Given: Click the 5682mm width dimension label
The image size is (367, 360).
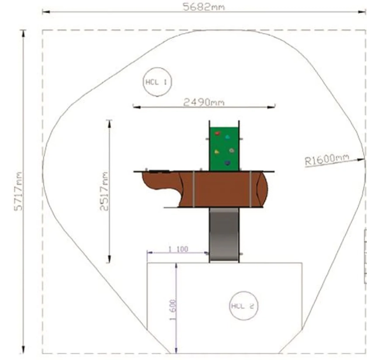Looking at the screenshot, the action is [204, 7].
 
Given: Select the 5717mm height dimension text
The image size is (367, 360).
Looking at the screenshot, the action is [18, 191].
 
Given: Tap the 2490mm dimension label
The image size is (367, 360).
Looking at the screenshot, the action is [204, 102].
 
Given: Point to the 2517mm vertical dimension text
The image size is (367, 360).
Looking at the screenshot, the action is [104, 191].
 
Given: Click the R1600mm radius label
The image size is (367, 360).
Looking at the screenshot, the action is [327, 159].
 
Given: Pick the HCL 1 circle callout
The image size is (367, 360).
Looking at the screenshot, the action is [157, 82].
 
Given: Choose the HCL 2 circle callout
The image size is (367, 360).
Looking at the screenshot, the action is [243, 306].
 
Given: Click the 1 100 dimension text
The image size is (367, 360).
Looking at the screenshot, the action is [178, 249].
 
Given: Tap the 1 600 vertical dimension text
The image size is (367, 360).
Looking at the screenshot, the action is [173, 310].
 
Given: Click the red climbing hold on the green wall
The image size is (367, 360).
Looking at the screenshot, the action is [218, 133].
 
